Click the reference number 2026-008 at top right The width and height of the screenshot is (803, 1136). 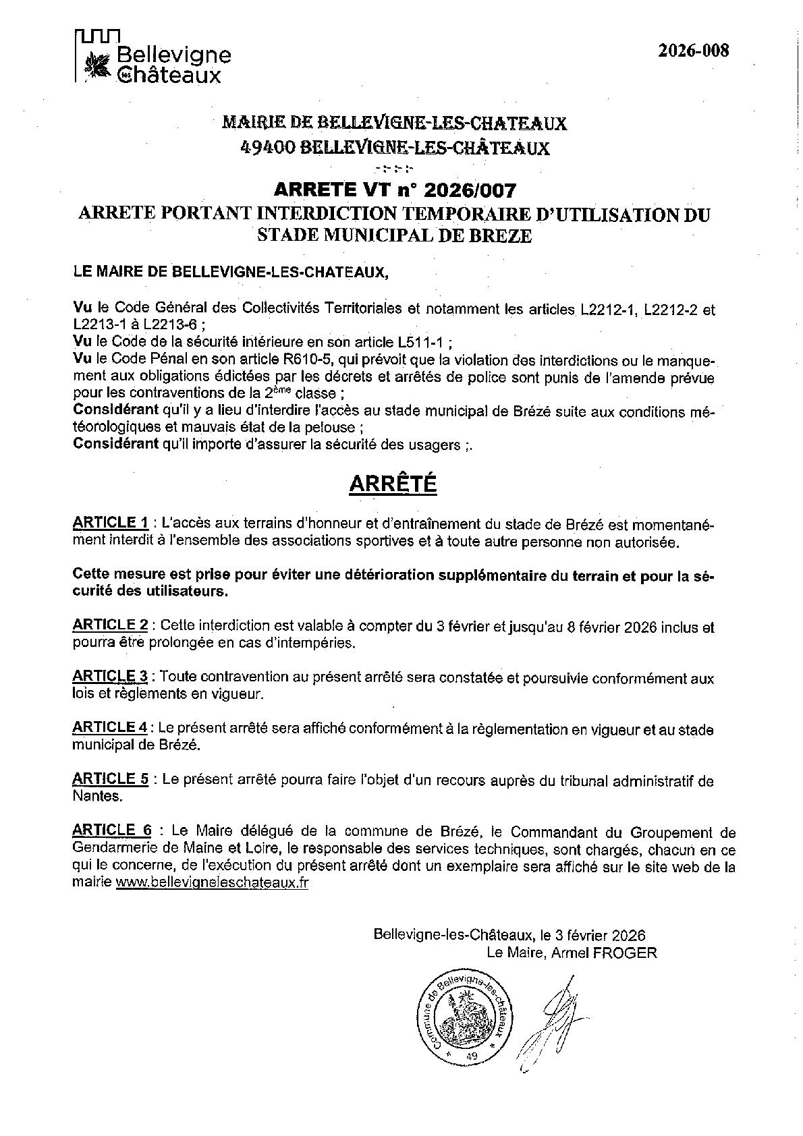click(x=694, y=51)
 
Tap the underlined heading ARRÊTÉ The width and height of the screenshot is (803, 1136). click(x=392, y=484)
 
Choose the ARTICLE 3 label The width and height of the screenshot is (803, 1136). click(x=110, y=676)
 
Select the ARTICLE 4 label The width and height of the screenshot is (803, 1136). click(x=110, y=727)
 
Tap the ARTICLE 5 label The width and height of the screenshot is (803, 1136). click(x=110, y=779)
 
